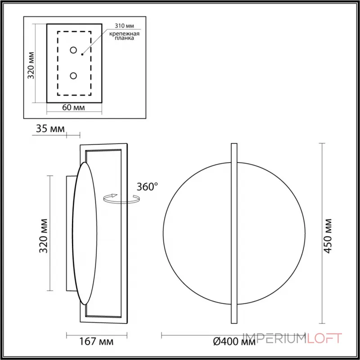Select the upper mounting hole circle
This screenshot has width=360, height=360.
tap(73, 50)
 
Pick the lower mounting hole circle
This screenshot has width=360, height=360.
tap(73, 76)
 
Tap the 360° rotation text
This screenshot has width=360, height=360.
tap(147, 187)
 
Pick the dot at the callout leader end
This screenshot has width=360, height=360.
tap(82, 54)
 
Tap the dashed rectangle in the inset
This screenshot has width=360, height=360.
tap(58, 63)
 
